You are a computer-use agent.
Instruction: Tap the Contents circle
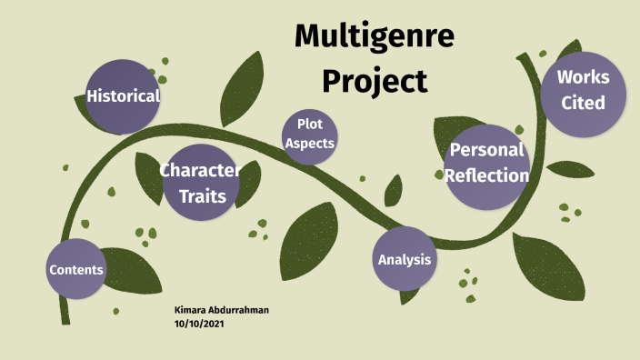(x=76, y=269)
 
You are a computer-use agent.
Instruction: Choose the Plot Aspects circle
(x=310, y=135)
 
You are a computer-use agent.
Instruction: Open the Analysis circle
(x=405, y=259)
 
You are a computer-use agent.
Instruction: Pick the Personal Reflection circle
(x=487, y=165)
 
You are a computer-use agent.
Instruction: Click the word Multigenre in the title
(x=375, y=38)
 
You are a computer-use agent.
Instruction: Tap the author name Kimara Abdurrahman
(x=221, y=311)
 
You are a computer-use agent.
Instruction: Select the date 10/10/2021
(x=198, y=323)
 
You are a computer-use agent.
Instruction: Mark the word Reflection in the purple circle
(x=487, y=175)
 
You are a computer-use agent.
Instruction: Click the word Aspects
(x=310, y=144)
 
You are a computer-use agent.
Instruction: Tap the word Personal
(x=487, y=151)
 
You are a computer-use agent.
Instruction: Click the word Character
(x=200, y=170)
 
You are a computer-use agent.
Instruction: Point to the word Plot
(x=311, y=125)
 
